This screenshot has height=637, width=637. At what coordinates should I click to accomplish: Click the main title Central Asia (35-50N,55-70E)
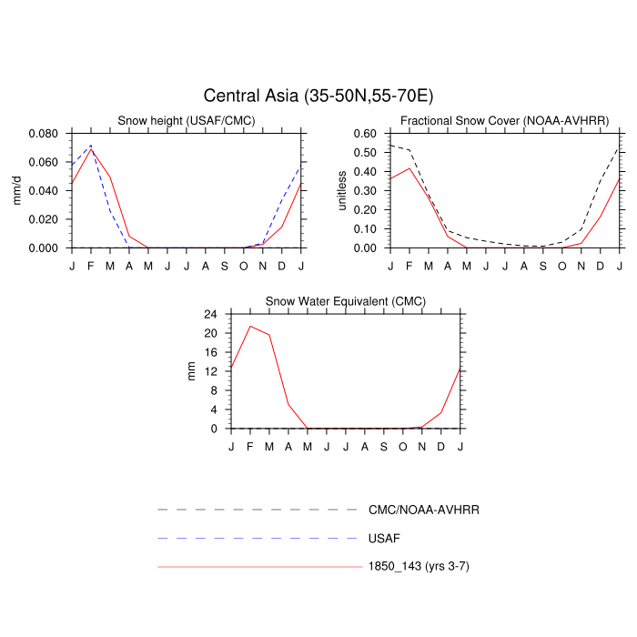pos(318,96)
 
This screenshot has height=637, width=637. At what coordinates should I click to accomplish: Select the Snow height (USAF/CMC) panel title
pos(187,121)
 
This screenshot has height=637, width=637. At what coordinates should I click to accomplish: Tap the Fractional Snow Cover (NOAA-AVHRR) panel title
pos(505,121)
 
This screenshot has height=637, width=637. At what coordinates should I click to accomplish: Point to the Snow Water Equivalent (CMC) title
pos(345,301)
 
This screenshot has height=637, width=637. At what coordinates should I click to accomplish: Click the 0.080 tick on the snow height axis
pos(45,133)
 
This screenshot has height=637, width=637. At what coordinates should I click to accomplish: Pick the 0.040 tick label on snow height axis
pos(45,190)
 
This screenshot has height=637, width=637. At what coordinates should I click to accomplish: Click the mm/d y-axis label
pos(17,190)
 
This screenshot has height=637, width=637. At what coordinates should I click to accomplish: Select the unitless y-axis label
pos(343,190)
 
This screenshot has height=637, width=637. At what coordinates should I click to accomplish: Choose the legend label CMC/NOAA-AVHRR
pos(423,510)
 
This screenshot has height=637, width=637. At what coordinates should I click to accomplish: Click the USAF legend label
pos(384,538)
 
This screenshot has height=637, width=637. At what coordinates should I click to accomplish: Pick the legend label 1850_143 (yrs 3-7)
pos(419,566)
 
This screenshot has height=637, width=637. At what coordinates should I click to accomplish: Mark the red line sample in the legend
pos(259,566)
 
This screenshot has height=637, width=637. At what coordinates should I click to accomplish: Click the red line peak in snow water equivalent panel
pos(250,326)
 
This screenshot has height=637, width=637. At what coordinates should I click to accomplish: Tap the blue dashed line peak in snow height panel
pos(90,146)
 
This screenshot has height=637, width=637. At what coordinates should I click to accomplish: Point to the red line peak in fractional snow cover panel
pos(409,168)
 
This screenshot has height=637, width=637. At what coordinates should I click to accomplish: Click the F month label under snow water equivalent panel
pos(250,445)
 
